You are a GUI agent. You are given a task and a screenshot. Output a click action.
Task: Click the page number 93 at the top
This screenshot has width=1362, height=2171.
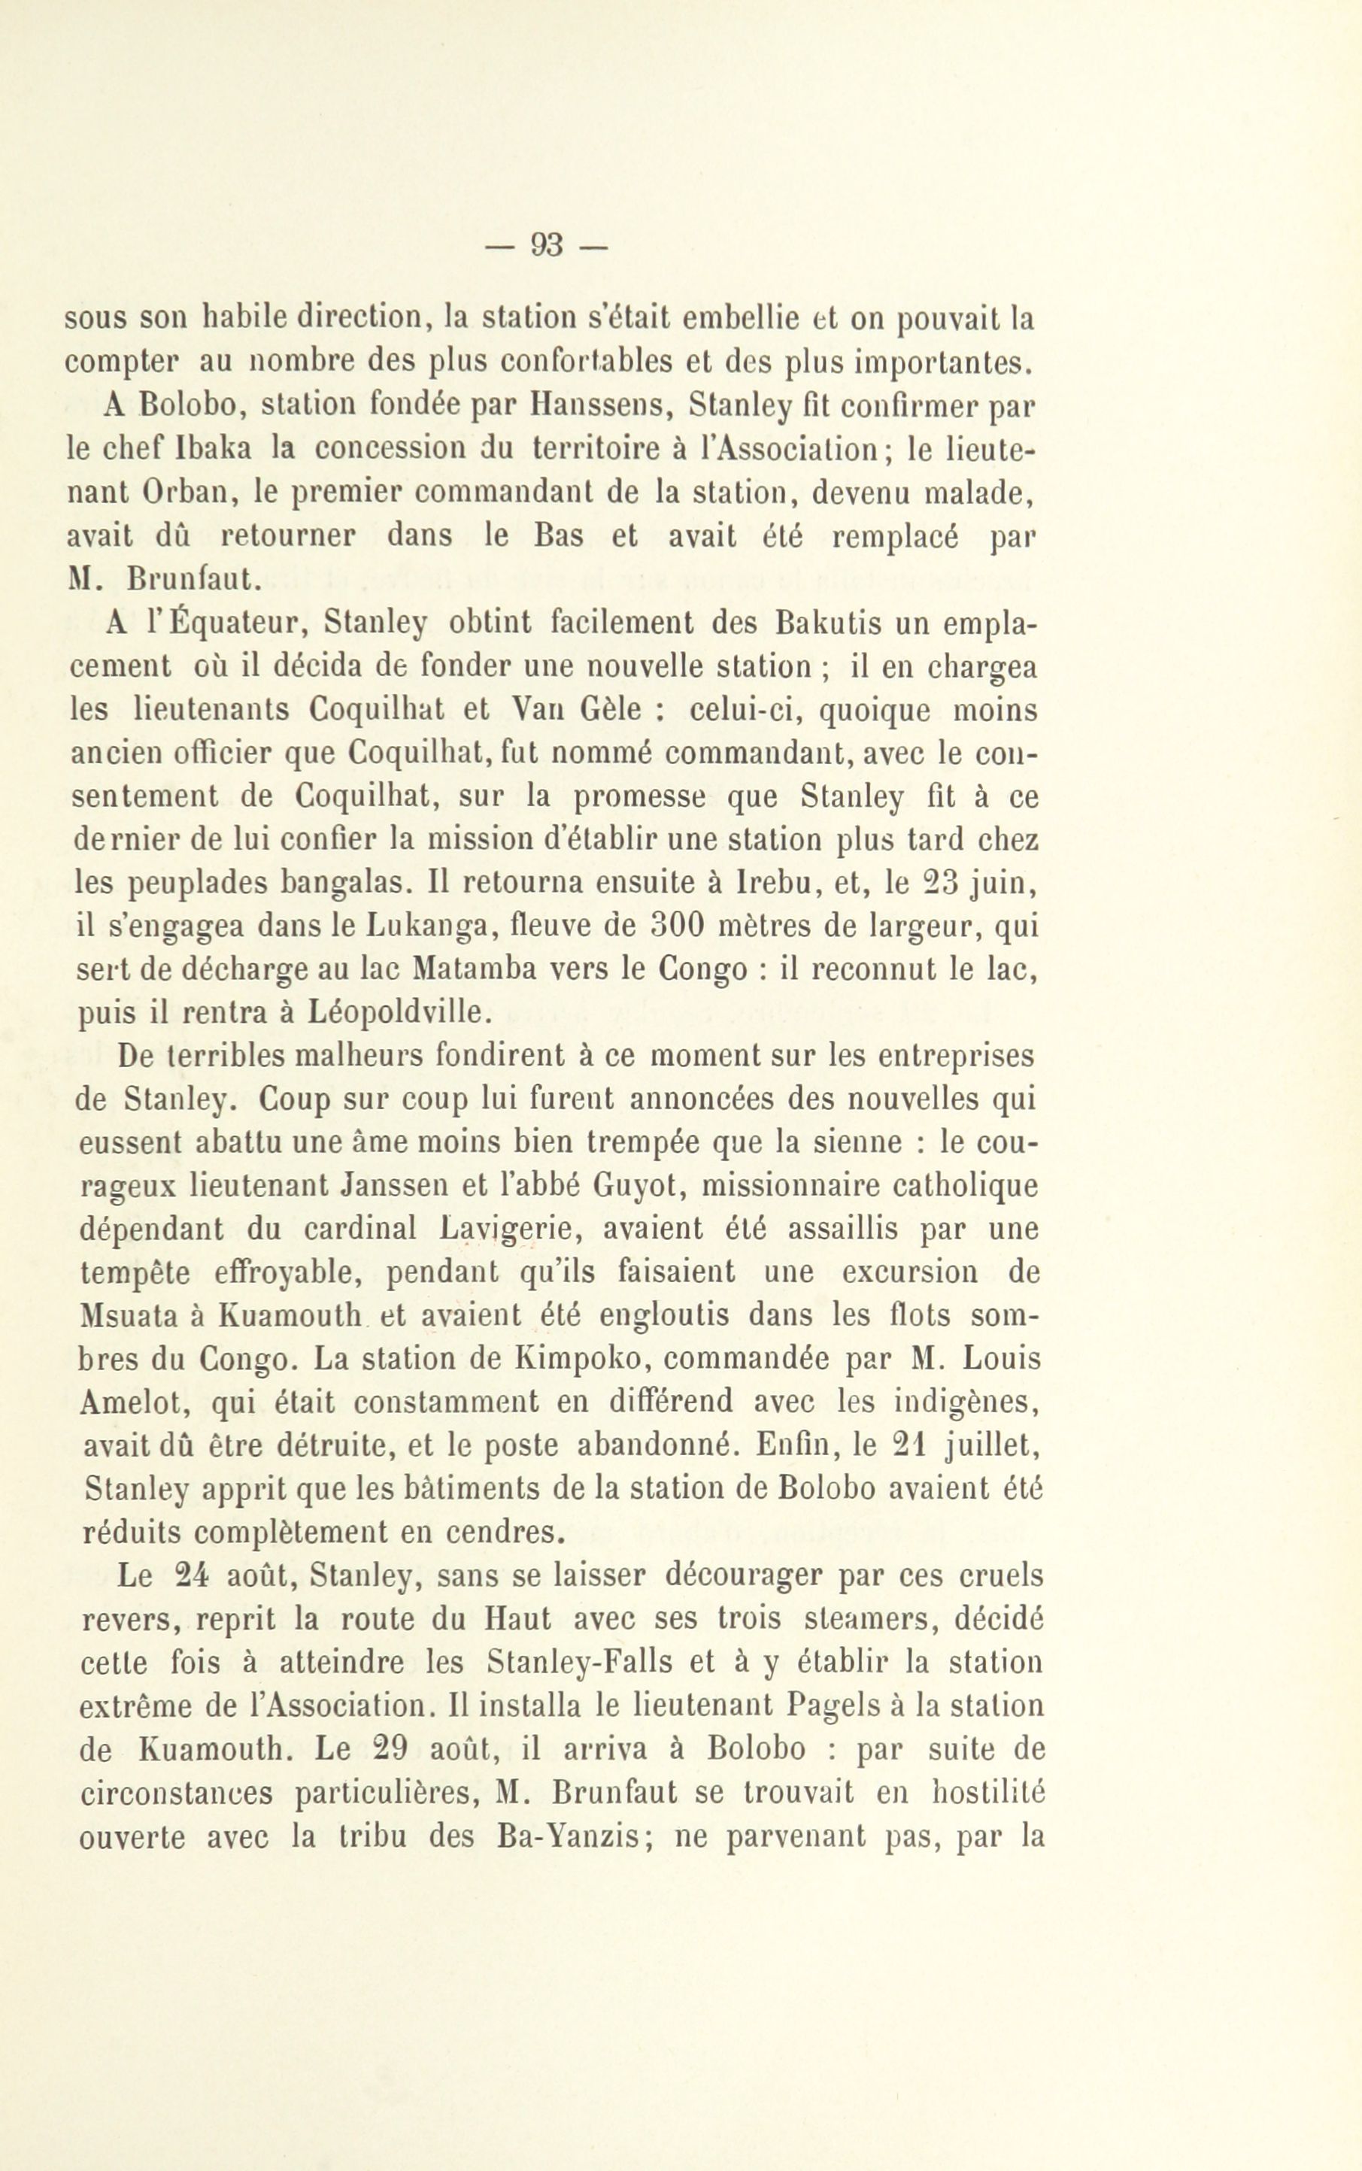tap(546, 244)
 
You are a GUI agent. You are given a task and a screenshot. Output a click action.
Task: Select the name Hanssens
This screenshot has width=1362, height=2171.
tap(598, 406)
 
